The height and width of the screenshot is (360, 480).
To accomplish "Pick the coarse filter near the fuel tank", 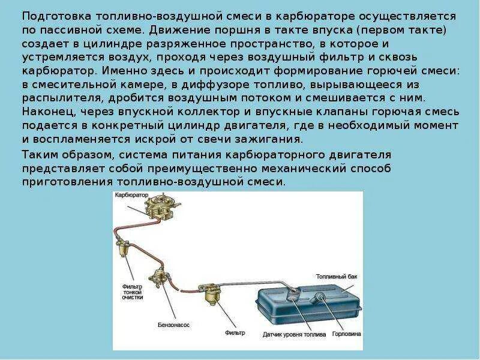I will [213, 295].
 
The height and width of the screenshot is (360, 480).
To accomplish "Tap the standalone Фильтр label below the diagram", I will [235, 332].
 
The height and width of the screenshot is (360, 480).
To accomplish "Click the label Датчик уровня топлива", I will [294, 334].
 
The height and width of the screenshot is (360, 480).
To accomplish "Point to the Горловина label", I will [347, 334].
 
